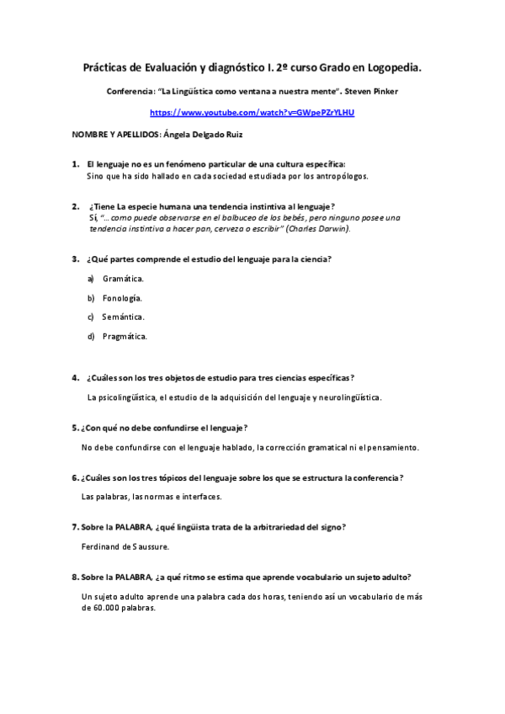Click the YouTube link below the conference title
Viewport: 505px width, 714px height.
click(252, 112)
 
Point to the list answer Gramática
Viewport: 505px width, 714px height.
click(123, 278)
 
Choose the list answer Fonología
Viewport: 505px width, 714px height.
click(122, 298)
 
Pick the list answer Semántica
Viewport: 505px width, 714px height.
click(124, 317)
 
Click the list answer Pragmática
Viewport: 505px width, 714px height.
click(125, 337)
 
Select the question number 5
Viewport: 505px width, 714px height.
click(75, 428)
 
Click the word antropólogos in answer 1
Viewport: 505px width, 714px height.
click(341, 177)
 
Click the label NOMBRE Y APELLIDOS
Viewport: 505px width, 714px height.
click(115, 134)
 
